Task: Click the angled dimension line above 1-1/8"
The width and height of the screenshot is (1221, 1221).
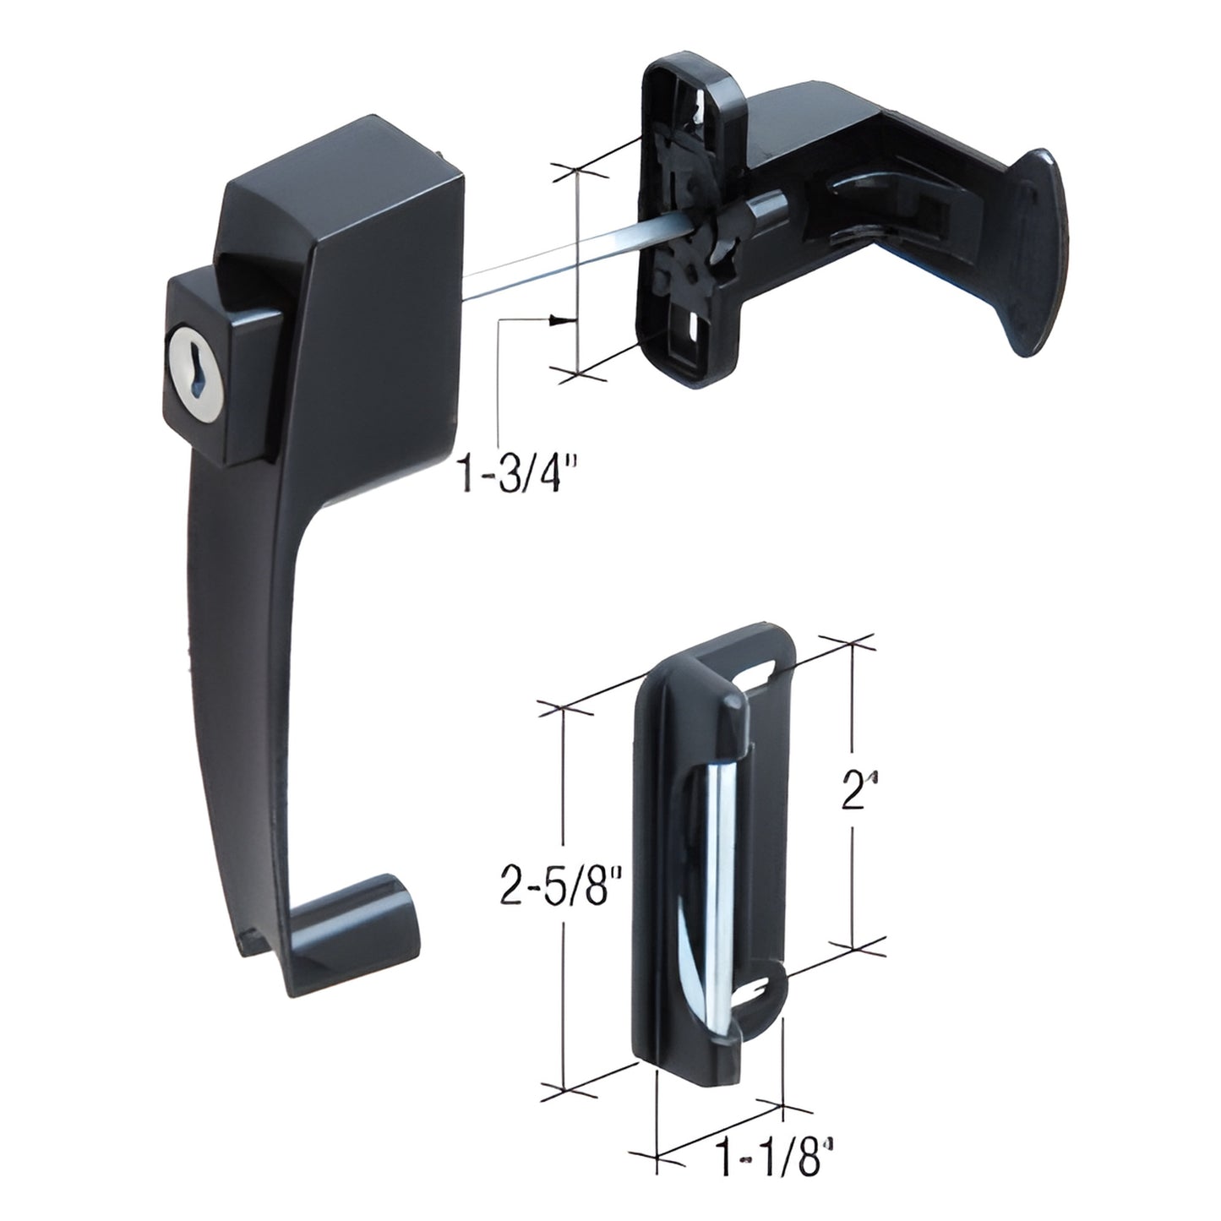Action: (x=718, y=1130)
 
